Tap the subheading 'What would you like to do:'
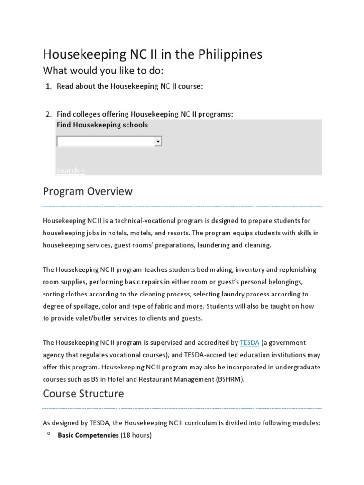(x=103, y=71)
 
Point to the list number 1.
(x=48, y=86)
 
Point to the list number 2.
(x=48, y=114)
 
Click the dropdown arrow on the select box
(x=157, y=142)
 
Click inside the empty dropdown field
(x=105, y=142)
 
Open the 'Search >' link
(x=71, y=170)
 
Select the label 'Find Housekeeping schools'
(x=102, y=125)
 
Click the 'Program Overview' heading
(x=88, y=191)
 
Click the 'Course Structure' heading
(x=83, y=394)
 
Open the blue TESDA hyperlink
(x=249, y=342)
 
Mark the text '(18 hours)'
(x=136, y=435)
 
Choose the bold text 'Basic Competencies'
(x=88, y=435)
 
